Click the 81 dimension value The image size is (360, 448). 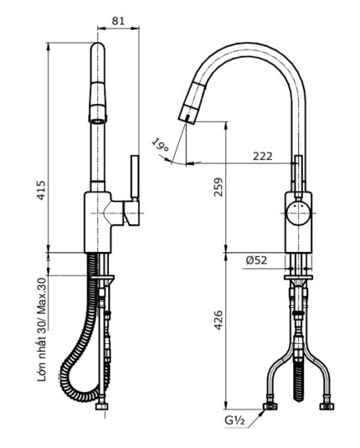pyautogui.click(x=118, y=21)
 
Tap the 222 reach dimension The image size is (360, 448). pyautogui.click(x=263, y=156)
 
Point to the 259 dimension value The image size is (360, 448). pyautogui.click(x=218, y=187)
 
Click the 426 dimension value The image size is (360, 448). pyautogui.click(x=218, y=320)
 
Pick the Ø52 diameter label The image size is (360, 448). pyautogui.click(x=256, y=260)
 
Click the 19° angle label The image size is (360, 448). pyautogui.click(x=160, y=145)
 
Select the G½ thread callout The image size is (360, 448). pyautogui.click(x=235, y=420)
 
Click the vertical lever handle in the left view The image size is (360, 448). pyautogui.click(x=135, y=177)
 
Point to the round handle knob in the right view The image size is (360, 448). pyautogui.click(x=299, y=214)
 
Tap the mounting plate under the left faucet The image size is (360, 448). pyautogui.click(x=103, y=277)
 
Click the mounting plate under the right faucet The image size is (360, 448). pyautogui.click(x=298, y=277)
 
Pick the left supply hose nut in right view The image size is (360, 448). pyautogui.click(x=270, y=406)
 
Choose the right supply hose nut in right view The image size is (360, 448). pyautogui.click(x=327, y=406)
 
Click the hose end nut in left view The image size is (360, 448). pyautogui.click(x=101, y=406)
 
